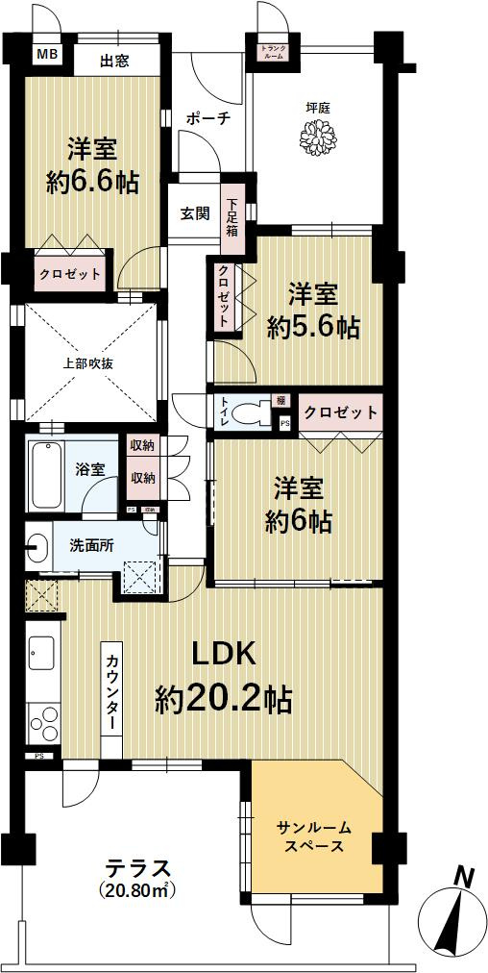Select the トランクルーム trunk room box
point(273,52)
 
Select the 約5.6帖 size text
point(313,327)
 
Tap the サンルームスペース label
point(314,836)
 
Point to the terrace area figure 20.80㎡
point(138,890)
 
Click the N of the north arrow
point(464,876)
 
